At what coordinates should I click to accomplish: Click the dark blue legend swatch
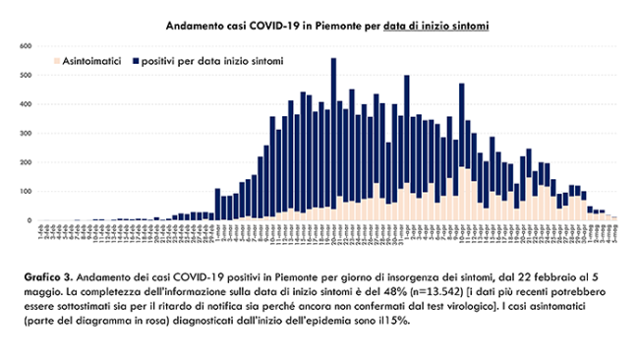click(x=134, y=62)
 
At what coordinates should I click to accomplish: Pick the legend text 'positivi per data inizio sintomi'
click(x=212, y=62)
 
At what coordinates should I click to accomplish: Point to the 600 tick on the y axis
click(x=27, y=45)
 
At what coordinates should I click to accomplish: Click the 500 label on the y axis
click(x=27, y=75)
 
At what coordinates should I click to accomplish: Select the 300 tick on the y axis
click(x=27, y=133)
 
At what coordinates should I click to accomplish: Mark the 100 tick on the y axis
click(x=27, y=191)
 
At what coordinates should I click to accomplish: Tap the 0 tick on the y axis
click(x=29, y=220)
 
